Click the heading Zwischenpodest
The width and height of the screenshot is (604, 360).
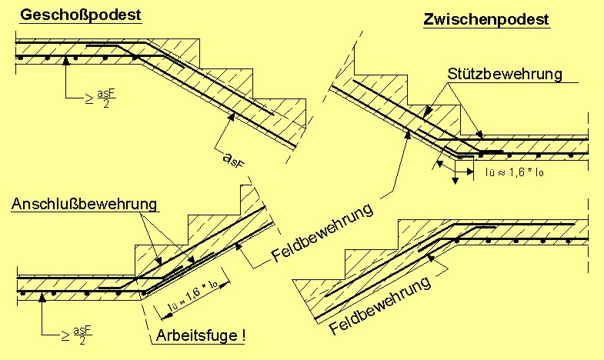487,20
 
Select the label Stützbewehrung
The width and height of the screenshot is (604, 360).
504,75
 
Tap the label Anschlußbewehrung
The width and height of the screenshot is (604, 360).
85,204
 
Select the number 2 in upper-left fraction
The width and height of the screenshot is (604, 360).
105,105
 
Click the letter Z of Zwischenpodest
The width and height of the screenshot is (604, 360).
429,20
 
